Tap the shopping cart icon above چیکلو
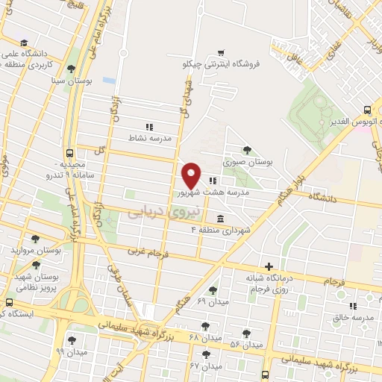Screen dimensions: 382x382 (220, 52)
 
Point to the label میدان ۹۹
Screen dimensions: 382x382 (76, 351)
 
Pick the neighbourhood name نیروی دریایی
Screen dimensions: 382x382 (161, 212)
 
